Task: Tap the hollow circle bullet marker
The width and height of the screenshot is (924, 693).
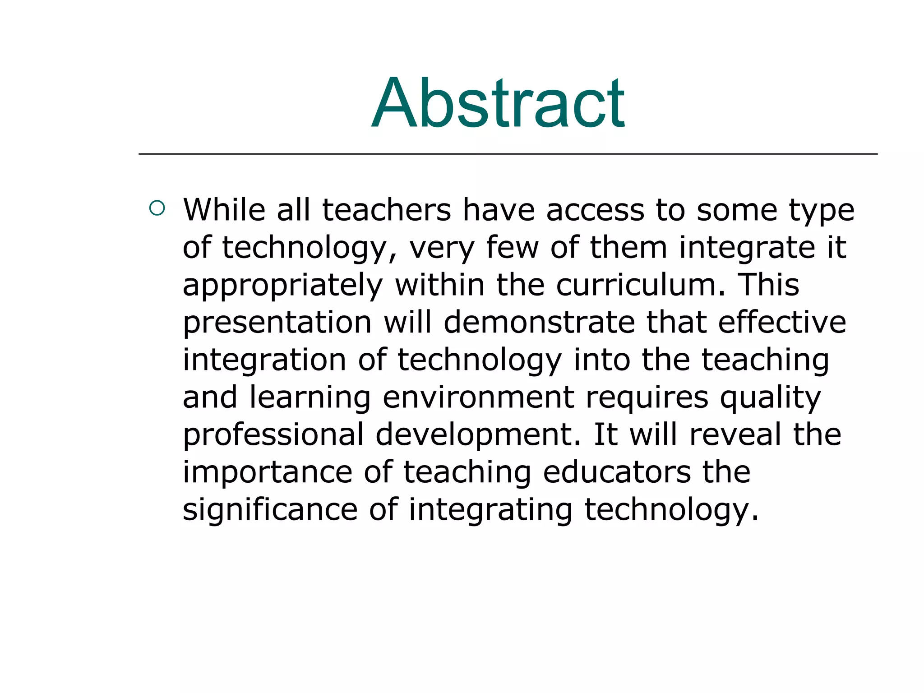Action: coord(157,208)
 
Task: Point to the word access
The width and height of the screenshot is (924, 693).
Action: coord(595,211)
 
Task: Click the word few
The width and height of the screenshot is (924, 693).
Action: coord(513,248)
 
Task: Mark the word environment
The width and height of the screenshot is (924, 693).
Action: coord(478,397)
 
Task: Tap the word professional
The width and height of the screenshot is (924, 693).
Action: coord(273,435)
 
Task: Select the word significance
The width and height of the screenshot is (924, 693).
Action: coord(270,510)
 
